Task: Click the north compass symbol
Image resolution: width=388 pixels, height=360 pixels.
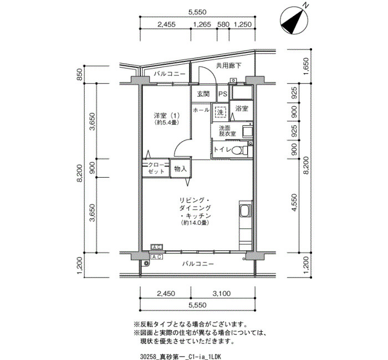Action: click(x=294, y=21)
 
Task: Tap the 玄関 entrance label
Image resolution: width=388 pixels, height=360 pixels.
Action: click(x=203, y=94)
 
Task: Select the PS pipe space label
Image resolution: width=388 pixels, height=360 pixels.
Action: click(x=222, y=94)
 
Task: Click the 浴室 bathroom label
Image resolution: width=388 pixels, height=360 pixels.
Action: click(x=242, y=109)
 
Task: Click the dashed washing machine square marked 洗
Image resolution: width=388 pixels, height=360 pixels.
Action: click(x=220, y=112)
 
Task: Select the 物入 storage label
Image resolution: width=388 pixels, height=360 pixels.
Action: click(x=180, y=169)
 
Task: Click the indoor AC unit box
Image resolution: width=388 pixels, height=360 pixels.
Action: click(x=157, y=247)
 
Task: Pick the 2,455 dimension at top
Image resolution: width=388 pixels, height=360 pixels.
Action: click(x=166, y=24)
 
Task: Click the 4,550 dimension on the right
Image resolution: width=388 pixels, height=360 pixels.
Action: click(x=294, y=202)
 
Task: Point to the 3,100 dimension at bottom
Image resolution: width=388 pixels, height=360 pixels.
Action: click(x=222, y=294)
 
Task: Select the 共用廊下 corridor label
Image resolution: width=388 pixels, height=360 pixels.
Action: click(x=228, y=65)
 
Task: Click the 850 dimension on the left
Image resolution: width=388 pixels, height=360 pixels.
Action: click(x=80, y=74)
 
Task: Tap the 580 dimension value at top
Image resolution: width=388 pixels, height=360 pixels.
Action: click(x=223, y=24)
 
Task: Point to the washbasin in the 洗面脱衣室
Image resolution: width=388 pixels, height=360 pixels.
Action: click(x=247, y=132)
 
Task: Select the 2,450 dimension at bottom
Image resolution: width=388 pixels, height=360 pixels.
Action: click(x=166, y=294)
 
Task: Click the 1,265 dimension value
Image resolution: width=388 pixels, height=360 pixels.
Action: click(x=202, y=24)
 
